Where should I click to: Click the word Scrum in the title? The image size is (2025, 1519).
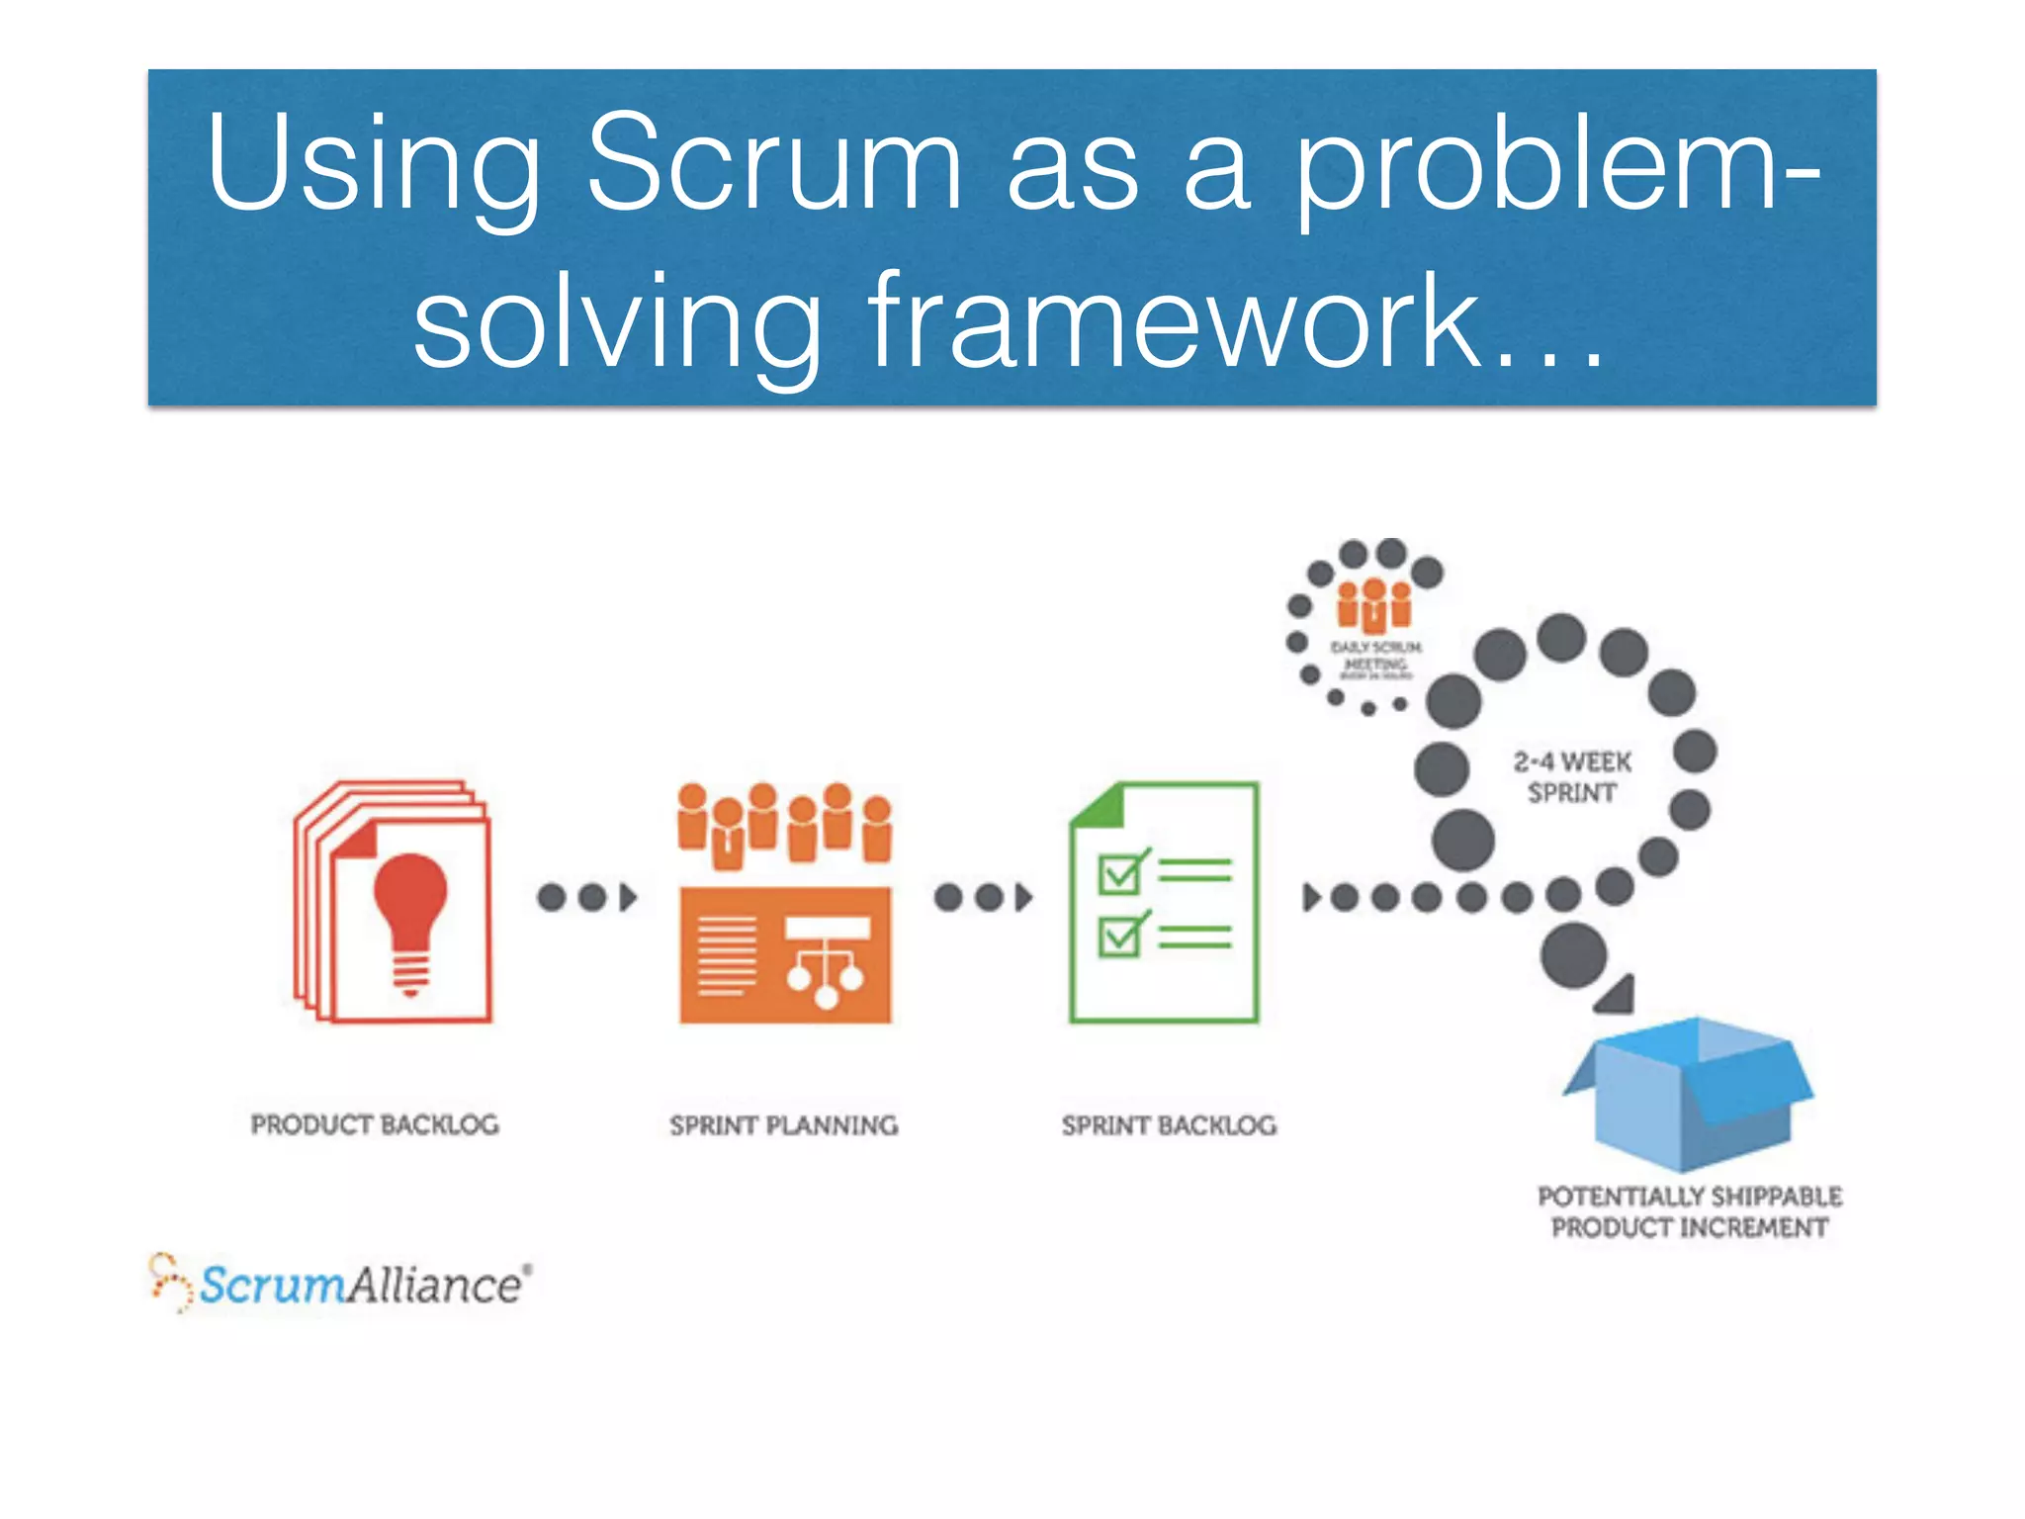pyautogui.click(x=773, y=163)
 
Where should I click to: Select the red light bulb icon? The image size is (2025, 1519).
pyautogui.click(x=409, y=920)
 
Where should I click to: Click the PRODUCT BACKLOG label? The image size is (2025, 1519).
pyautogui.click(x=375, y=1124)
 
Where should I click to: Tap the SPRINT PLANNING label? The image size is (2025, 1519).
pyautogui.click(x=783, y=1125)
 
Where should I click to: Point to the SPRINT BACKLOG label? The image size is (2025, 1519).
pyautogui.click(x=1169, y=1125)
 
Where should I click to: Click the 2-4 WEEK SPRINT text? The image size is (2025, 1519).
pyautogui.click(x=1572, y=777)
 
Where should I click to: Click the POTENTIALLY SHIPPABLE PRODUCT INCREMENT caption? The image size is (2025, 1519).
pyautogui.click(x=1690, y=1211)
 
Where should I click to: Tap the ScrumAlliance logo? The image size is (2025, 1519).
pyautogui.click(x=341, y=1284)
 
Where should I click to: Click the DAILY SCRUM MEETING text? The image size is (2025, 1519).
pyautogui.click(x=1375, y=656)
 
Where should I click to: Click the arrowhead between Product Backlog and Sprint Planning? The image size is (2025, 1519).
pyautogui.click(x=628, y=898)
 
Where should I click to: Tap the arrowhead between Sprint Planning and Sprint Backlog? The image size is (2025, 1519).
pyautogui.click(x=1024, y=898)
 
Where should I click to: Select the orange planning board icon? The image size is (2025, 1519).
pyautogui.click(x=785, y=954)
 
